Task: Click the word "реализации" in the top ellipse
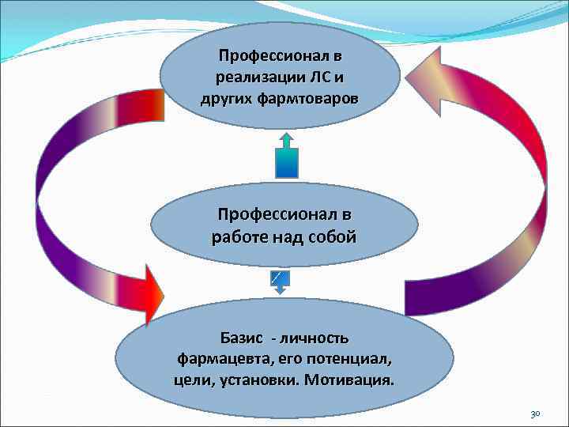249,77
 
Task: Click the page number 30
535,414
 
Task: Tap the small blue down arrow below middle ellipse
280,281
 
